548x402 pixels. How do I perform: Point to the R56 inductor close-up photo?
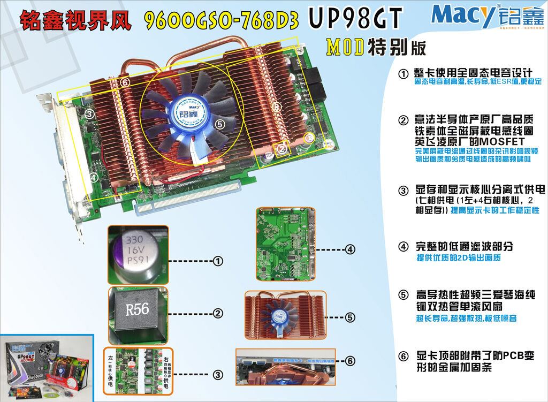(x=138, y=315)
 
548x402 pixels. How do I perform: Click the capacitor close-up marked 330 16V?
(x=138, y=255)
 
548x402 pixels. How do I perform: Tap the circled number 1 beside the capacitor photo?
(x=218, y=261)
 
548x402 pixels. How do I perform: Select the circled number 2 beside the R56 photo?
(x=218, y=313)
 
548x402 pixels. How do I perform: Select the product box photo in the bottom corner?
(x=47, y=368)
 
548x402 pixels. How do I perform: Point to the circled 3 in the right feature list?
(x=403, y=190)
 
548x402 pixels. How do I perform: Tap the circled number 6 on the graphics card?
(x=125, y=82)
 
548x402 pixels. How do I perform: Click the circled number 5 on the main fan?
(x=219, y=124)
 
